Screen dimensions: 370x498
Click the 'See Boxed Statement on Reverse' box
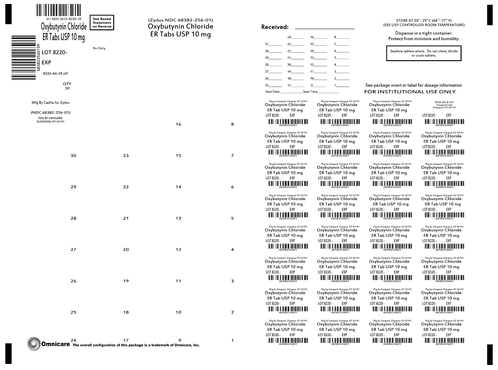[x=102, y=23]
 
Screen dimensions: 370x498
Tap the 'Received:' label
[x=275, y=27]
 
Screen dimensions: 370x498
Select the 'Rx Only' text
[x=99, y=48]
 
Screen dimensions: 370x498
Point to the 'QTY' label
[x=67, y=84]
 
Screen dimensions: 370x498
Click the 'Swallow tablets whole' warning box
[x=424, y=53]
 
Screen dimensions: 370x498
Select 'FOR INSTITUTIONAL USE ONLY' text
[x=410, y=92]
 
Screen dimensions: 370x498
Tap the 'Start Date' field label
[x=272, y=92]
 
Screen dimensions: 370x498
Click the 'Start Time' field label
[x=310, y=92]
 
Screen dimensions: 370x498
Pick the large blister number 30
[x=73, y=156]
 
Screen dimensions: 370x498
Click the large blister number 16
[x=178, y=124]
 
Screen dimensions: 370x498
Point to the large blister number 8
[x=233, y=124]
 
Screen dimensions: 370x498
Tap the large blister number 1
[x=233, y=340]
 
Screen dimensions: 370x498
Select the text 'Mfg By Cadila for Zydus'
[x=51, y=103]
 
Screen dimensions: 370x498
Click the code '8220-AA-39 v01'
[x=56, y=74]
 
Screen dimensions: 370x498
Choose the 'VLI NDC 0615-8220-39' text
[x=64, y=19]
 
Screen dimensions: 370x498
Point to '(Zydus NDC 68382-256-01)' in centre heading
[x=180, y=20]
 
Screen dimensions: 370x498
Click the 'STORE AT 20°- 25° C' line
[x=424, y=20]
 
